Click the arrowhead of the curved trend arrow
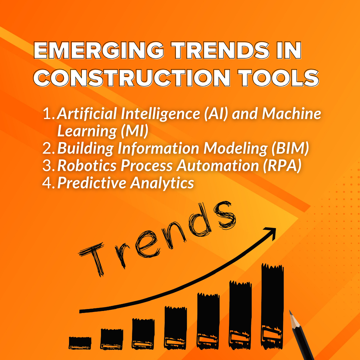click(272, 232)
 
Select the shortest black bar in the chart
click(80, 343)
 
